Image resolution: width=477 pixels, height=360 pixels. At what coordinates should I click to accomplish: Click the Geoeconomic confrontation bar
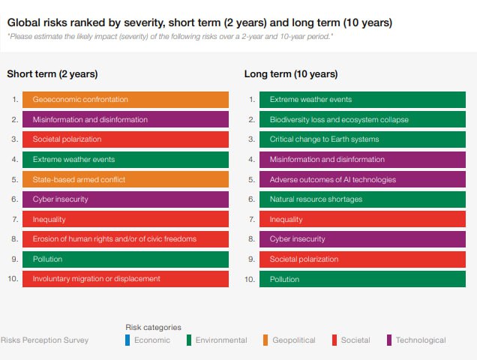tap(125, 100)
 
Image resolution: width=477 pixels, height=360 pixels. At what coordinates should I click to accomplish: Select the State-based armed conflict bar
tap(125, 179)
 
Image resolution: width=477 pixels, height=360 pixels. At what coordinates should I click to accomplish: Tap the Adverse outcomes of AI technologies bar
tap(362, 179)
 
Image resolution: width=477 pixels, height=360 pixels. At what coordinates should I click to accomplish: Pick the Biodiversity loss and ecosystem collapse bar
tap(362, 119)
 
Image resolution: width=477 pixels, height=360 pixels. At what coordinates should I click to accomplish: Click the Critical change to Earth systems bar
tap(362, 139)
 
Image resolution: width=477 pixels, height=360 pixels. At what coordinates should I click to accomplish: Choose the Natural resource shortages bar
tap(362, 199)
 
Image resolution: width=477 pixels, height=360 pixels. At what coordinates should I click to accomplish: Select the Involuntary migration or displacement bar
tap(125, 279)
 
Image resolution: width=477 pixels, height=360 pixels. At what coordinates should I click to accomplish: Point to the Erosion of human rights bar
tap(125, 239)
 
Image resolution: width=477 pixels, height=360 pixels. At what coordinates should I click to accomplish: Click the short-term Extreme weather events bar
tap(125, 160)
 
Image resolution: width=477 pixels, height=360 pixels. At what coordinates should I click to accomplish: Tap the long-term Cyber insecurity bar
tap(362, 239)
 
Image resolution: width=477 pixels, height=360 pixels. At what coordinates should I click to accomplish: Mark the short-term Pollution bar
tap(125, 259)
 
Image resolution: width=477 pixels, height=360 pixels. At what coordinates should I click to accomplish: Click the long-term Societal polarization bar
tap(362, 259)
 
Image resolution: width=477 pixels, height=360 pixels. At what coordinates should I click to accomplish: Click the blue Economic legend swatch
tap(127, 340)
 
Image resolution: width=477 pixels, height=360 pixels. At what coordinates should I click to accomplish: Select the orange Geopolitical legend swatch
tap(265, 340)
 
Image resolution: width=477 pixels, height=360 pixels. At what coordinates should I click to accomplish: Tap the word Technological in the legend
tap(421, 340)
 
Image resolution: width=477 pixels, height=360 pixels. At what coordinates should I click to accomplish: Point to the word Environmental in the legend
tap(221, 340)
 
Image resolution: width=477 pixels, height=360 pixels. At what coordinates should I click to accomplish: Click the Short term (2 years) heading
tap(52, 74)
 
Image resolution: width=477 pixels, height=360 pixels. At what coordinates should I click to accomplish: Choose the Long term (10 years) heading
tap(291, 74)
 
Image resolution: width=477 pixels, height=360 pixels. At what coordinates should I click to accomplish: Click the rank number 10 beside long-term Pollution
tap(250, 279)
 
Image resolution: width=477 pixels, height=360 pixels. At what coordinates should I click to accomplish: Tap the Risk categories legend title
tap(153, 328)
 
